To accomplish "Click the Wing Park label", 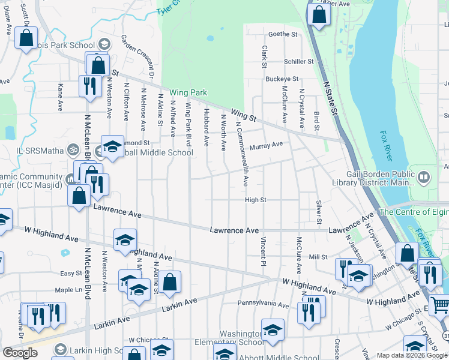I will (x=188, y=92).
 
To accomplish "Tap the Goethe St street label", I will (x=283, y=34).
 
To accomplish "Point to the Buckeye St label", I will (x=282, y=79).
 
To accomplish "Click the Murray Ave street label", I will (x=266, y=145).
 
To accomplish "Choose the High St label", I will (x=255, y=200).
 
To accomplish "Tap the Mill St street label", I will (x=318, y=257).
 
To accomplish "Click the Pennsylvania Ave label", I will (x=264, y=304).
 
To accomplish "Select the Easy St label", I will (x=71, y=273).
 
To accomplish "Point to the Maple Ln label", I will (x=68, y=290).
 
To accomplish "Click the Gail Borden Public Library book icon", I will (x=424, y=177).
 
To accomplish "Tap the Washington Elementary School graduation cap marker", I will (x=273, y=330).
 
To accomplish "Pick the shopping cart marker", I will (x=439, y=305).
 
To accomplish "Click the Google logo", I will (x=20, y=353).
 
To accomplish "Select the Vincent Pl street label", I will (x=263, y=251).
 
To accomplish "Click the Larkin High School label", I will (x=98, y=350).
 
